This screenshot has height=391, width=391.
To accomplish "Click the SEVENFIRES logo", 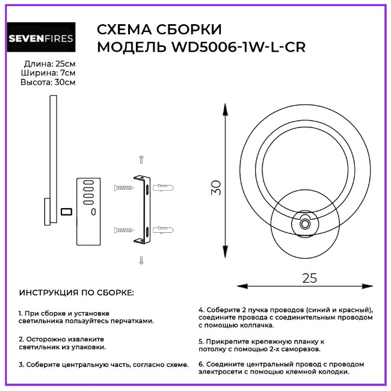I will point(41,39).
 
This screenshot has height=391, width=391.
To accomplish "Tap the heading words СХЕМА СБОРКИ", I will point(159,29).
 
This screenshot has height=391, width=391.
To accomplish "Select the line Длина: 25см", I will point(50,64).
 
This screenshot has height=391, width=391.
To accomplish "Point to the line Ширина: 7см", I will point(51,73).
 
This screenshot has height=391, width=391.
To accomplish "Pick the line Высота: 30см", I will point(48,82).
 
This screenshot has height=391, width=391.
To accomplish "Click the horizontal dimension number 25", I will point(309,278).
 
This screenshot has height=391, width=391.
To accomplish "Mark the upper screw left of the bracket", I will point(123,188).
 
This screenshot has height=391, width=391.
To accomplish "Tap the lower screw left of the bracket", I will point(123,230).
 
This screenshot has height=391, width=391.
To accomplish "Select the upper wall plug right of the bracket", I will point(164,188).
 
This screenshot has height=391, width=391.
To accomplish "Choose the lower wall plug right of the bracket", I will point(164,230).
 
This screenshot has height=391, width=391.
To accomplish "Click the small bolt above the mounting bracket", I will point(141,159).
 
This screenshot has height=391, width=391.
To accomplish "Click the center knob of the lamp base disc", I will point(305,224).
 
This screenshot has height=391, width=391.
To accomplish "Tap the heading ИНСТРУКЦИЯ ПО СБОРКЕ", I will point(77,293).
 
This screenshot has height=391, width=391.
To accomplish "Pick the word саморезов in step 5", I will point(301,348).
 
